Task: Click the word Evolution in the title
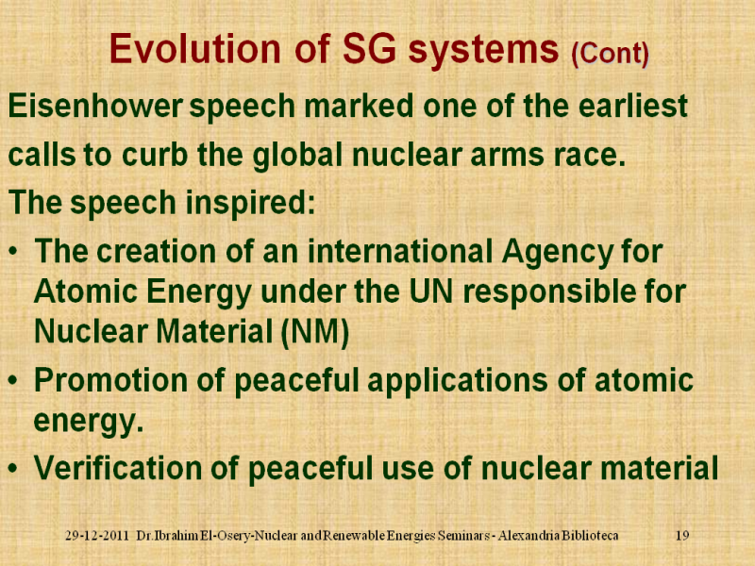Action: pyautogui.click(x=195, y=49)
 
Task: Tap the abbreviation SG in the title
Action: pyautogui.click(x=369, y=49)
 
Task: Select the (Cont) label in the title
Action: pyautogui.click(x=610, y=54)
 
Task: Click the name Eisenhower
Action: pyautogui.click(x=95, y=106)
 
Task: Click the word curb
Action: pyautogui.click(x=155, y=155)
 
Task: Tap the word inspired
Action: pyautogui.click(x=250, y=203)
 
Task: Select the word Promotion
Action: pyautogui.click(x=110, y=380)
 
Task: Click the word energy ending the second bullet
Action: pyautogui.click(x=89, y=422)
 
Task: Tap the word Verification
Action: pyautogui.click(x=118, y=468)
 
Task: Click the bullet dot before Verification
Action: pyautogui.click(x=14, y=468)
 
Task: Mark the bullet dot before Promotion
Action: pyautogui.click(x=14, y=381)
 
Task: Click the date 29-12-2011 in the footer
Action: pyautogui.click(x=97, y=535)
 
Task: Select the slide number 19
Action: pyautogui.click(x=682, y=535)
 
